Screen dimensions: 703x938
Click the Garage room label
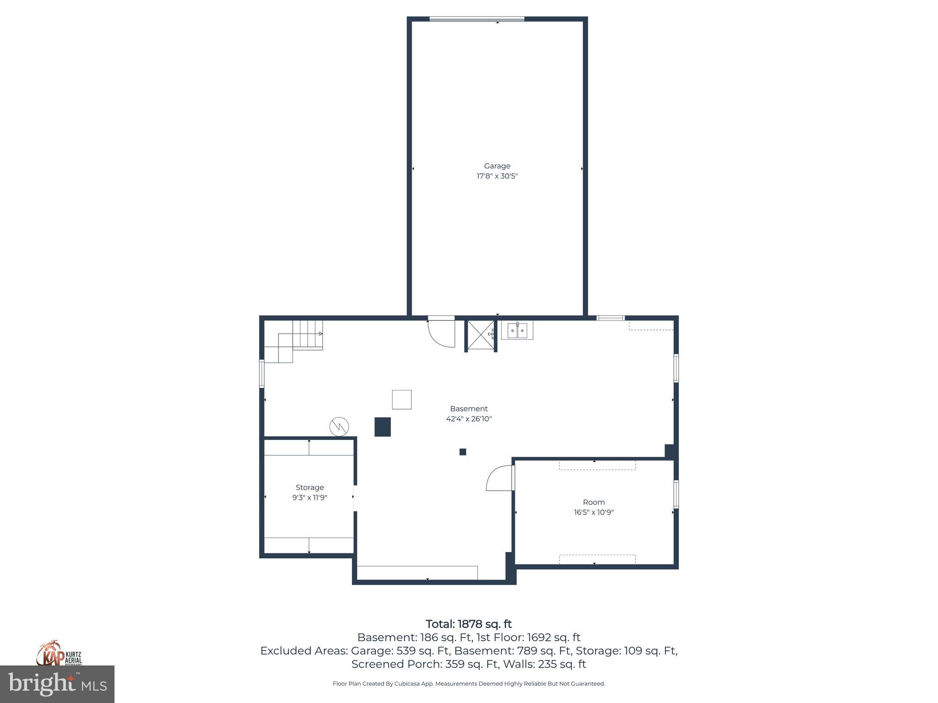(x=497, y=166)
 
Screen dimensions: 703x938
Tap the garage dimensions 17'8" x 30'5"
(x=497, y=176)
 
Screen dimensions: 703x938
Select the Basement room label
(x=469, y=409)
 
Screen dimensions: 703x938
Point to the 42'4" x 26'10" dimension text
(x=469, y=419)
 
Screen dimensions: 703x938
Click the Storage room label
(x=310, y=487)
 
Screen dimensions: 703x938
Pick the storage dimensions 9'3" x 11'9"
(x=310, y=498)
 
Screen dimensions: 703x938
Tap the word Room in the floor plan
(x=594, y=502)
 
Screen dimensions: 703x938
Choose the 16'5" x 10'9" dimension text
(x=594, y=512)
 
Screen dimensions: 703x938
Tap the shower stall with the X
(x=481, y=336)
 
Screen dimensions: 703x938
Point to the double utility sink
(x=517, y=330)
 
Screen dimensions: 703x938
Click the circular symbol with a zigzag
(x=339, y=427)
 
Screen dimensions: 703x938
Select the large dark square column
(x=382, y=427)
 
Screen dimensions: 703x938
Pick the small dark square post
(x=463, y=452)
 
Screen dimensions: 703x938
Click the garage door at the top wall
(x=477, y=19)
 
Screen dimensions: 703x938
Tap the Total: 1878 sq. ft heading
(x=469, y=624)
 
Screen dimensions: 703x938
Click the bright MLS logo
(x=57, y=684)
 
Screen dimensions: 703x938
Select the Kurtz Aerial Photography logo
(x=59, y=654)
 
